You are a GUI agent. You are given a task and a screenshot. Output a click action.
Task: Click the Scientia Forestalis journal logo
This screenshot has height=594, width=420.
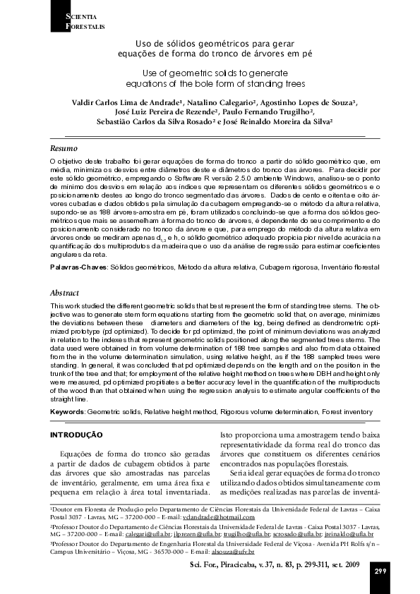[x=78, y=21]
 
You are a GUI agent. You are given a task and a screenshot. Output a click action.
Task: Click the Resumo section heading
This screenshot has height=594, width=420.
[x=63, y=149]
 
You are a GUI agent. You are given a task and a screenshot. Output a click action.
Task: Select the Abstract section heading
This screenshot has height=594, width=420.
[x=64, y=292]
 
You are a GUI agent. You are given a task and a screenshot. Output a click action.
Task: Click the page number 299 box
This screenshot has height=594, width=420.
[x=380, y=571]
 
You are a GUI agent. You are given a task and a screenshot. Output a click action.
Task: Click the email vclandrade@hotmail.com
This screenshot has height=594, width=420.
[x=219, y=517]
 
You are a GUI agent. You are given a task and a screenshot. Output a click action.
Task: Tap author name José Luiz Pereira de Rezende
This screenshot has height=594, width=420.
[x=167, y=111]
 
